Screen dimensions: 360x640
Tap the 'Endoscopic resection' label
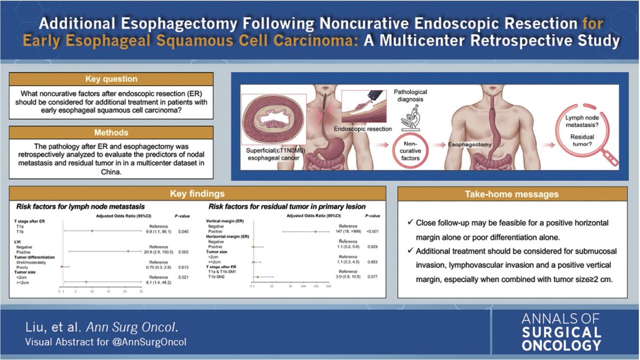tap(363, 129)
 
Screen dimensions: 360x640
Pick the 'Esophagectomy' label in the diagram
tap(467, 143)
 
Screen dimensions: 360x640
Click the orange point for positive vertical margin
tap(316, 231)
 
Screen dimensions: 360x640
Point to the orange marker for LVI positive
tap(128, 251)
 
